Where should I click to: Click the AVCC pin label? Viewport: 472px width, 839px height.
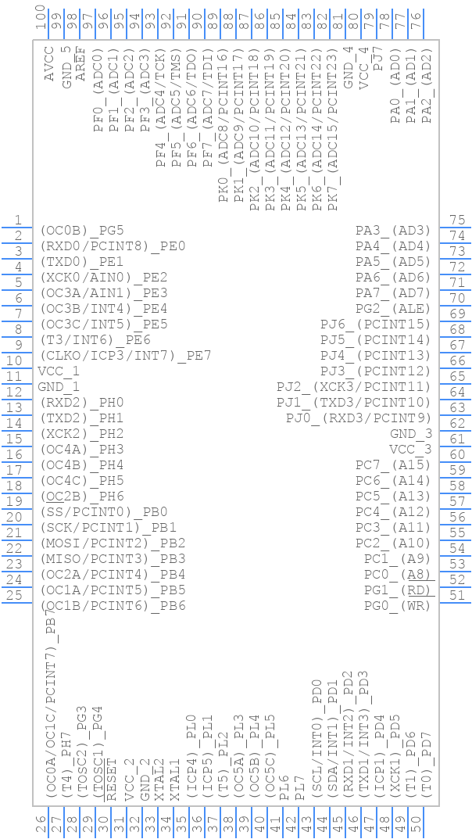[49, 68]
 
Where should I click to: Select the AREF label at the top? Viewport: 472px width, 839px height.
[80, 68]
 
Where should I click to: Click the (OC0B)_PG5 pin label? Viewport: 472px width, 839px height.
[82, 231]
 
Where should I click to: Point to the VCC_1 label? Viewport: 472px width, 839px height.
[59, 371]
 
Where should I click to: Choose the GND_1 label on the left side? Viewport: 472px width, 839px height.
[59, 387]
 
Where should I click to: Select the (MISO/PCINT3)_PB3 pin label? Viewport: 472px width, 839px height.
[113, 559]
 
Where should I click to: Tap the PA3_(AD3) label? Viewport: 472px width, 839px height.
[393, 231]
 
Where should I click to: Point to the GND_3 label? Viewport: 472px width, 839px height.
[411, 434]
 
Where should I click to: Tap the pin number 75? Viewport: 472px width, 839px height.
[457, 221]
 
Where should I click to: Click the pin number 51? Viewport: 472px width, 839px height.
[457, 596]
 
